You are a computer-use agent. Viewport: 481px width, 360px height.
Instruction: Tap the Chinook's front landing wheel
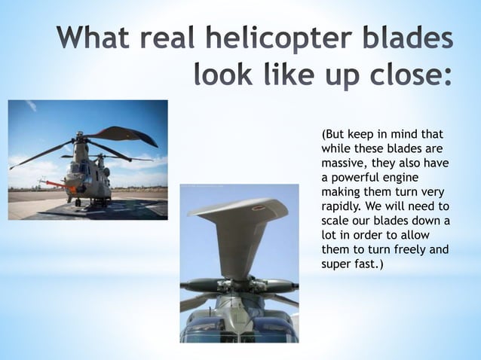78,202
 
